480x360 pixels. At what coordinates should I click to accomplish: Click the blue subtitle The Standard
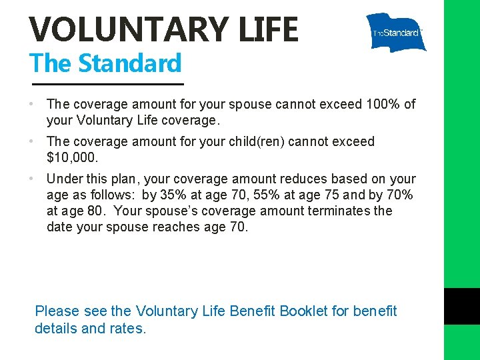pyautogui.click(x=105, y=63)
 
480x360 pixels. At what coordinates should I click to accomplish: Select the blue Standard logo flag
pyautogui.click(x=396, y=32)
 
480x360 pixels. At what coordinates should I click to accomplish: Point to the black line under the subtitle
pyautogui.click(x=108, y=84)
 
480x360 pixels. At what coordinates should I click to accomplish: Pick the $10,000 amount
pyautogui.click(x=72, y=157)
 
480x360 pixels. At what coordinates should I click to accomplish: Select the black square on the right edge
pyautogui.click(x=462, y=306)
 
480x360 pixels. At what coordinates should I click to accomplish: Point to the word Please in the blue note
pyautogui.click(x=57, y=311)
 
